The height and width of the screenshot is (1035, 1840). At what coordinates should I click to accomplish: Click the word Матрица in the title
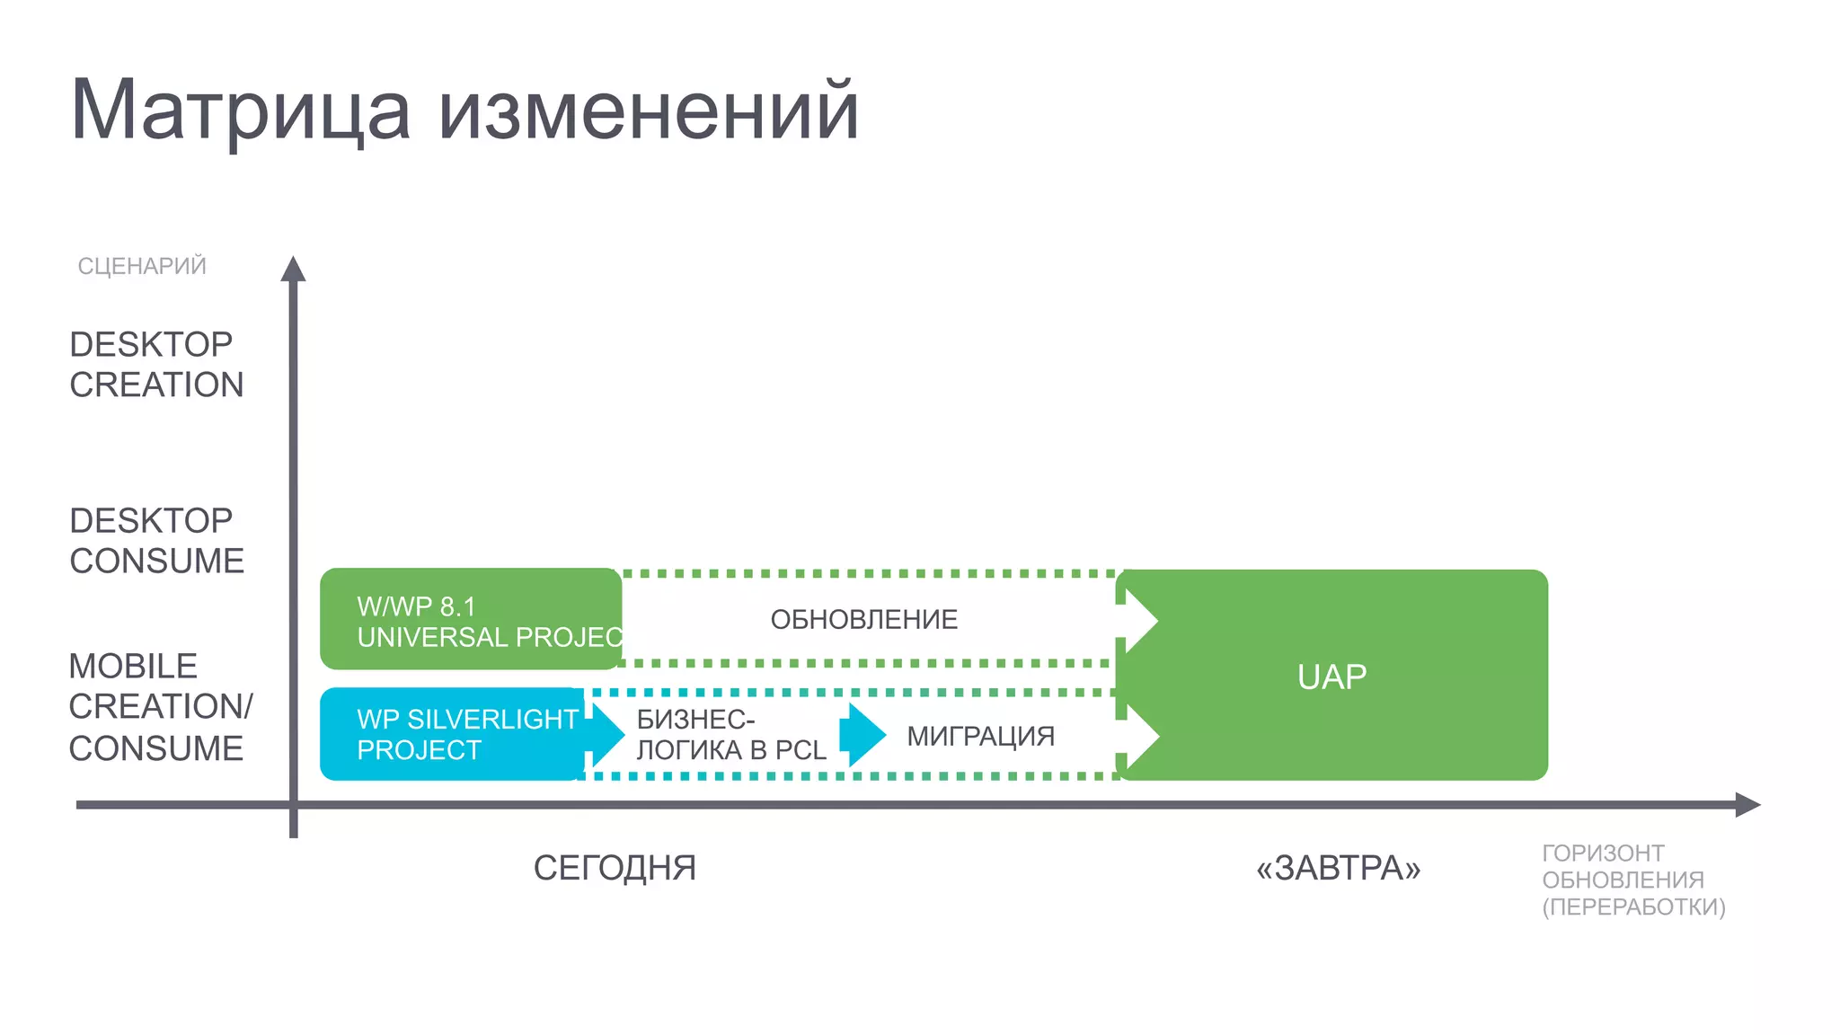(x=240, y=111)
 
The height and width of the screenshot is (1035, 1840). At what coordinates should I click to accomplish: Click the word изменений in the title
(x=649, y=111)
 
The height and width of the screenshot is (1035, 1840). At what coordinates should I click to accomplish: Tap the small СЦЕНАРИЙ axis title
(x=142, y=266)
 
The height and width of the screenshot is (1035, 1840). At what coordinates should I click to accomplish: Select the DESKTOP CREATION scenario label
(x=156, y=364)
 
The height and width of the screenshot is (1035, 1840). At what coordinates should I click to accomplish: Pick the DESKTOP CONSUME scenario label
(x=156, y=540)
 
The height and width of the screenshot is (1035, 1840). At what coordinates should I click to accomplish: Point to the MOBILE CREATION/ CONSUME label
(x=160, y=707)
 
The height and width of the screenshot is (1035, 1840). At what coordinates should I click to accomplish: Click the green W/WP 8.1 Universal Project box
(x=470, y=620)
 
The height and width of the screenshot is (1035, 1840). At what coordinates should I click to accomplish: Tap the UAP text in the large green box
(x=1331, y=677)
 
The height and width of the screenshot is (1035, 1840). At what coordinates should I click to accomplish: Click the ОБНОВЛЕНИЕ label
(x=864, y=619)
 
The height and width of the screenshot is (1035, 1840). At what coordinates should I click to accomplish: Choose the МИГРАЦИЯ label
(x=980, y=736)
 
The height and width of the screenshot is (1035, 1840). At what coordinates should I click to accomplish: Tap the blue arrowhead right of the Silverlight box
(x=606, y=734)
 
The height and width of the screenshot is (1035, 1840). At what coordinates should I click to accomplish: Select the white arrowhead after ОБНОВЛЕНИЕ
(x=1139, y=620)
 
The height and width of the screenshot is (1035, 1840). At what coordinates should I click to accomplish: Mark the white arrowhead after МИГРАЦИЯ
(x=1140, y=736)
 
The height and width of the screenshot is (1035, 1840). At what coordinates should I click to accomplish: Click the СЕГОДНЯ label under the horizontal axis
(x=615, y=868)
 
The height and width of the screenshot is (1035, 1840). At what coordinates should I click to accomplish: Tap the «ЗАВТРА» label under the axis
(x=1338, y=868)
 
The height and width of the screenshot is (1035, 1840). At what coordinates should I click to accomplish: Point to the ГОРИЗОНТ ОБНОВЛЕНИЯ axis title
(x=1633, y=880)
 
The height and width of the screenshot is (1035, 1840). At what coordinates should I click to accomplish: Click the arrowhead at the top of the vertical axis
(x=293, y=269)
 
